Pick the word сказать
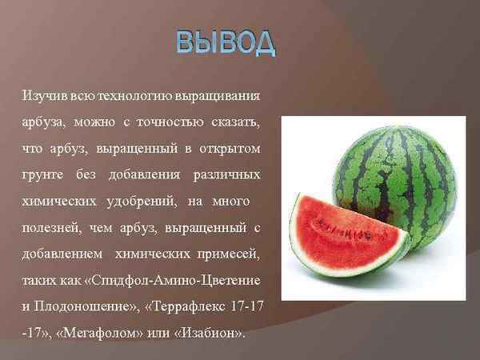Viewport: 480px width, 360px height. (x=236, y=122)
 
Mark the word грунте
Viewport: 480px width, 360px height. (x=42, y=174)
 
